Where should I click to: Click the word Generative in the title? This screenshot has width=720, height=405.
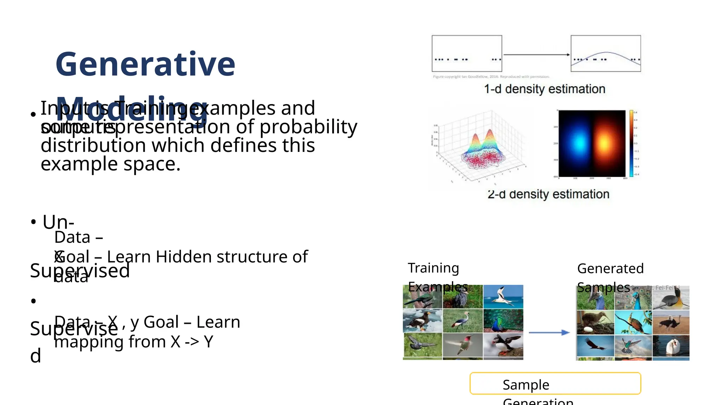[x=145, y=64]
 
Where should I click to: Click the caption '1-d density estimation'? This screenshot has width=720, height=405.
[x=545, y=89]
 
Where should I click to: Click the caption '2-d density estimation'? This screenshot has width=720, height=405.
[x=548, y=194]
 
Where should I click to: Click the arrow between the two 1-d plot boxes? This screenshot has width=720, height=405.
[x=536, y=54]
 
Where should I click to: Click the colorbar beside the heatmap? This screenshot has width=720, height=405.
[x=631, y=143]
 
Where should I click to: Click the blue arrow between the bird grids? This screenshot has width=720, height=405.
[x=549, y=333]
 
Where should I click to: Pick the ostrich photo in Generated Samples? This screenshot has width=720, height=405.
[x=671, y=322]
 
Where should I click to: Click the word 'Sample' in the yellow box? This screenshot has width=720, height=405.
[x=526, y=385]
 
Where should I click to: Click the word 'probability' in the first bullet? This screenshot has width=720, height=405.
[x=308, y=127]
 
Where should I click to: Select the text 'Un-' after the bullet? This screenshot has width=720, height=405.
[x=58, y=222]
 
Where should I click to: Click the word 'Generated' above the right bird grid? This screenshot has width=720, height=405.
[x=610, y=269]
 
